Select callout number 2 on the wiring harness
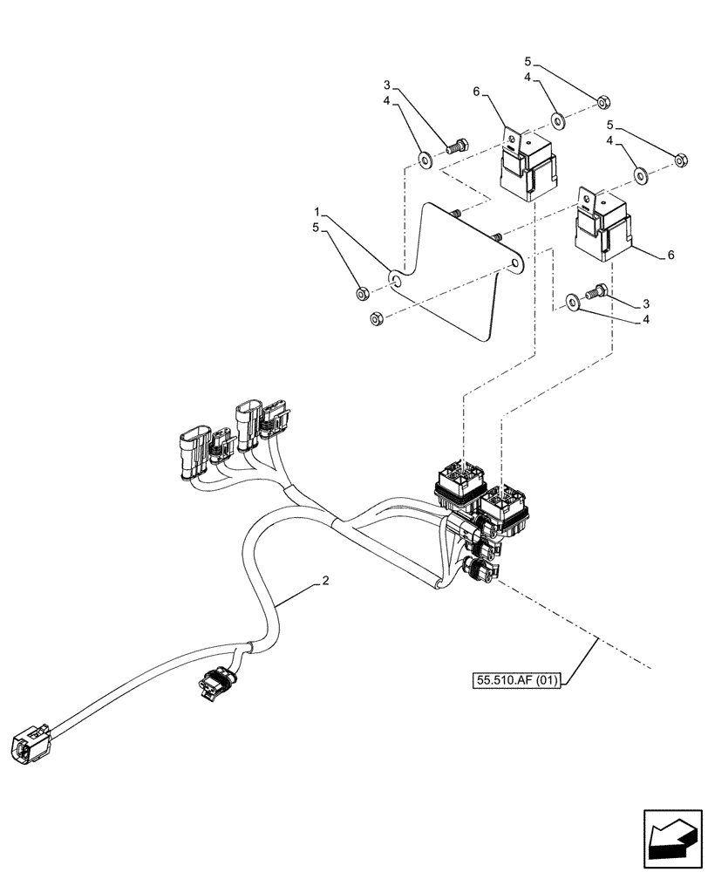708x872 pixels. pos(325,582)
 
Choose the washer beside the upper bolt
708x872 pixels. pos(425,160)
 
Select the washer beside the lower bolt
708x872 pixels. pos(571,302)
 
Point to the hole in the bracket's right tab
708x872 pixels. pos(515,261)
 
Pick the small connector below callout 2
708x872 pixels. pos(220,681)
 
